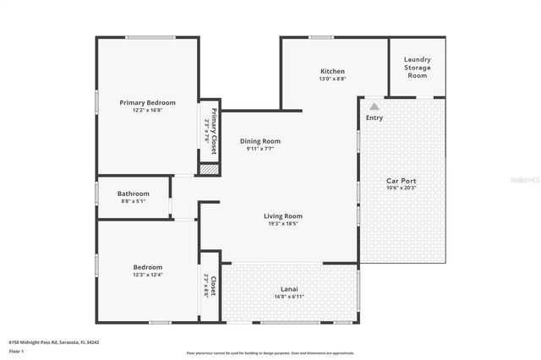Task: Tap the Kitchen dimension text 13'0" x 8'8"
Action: [331, 79]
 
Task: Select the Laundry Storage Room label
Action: [417, 67]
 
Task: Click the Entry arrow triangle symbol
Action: [374, 106]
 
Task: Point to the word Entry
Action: [374, 117]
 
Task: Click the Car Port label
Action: [401, 180]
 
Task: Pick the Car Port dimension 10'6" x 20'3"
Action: [401, 188]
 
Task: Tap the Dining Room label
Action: [260, 141]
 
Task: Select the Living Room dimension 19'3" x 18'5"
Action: [282, 224]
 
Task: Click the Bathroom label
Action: [134, 194]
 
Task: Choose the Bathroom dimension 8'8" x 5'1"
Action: [134, 201]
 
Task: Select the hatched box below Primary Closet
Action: [209, 170]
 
